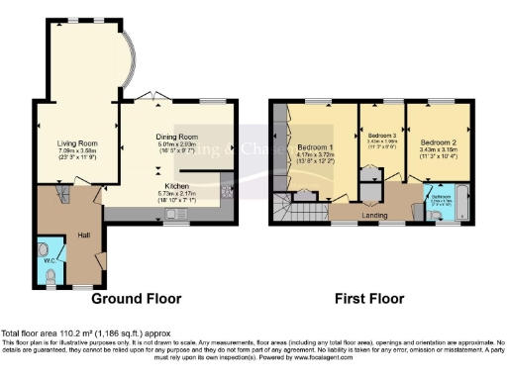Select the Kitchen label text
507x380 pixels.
[177, 184]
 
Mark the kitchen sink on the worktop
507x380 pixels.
[172, 214]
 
